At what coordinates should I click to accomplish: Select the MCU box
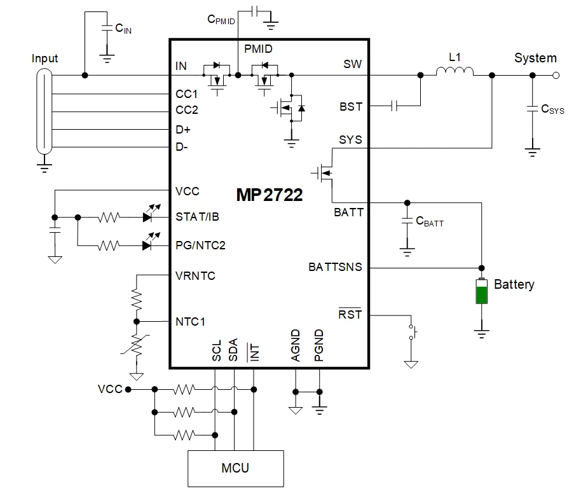pos(235,469)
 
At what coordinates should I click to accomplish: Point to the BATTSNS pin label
pos(335,267)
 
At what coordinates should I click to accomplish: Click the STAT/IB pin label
pos(198,216)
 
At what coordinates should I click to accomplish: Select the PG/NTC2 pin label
pos(200,246)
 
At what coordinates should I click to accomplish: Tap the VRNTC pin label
pos(195,276)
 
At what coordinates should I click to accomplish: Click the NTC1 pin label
pos(191,321)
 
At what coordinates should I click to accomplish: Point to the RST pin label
pos(350,314)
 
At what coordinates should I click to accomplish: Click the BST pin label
pos(351,107)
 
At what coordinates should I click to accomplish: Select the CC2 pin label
pos(187,110)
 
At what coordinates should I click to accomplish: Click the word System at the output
pos(535,58)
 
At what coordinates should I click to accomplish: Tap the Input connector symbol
pos(43,111)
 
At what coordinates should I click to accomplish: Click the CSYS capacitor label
pos(552,109)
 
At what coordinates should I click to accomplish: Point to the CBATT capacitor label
pos(429,222)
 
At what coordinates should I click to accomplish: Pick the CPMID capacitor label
pos(221,19)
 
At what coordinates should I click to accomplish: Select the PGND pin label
pos(319,345)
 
